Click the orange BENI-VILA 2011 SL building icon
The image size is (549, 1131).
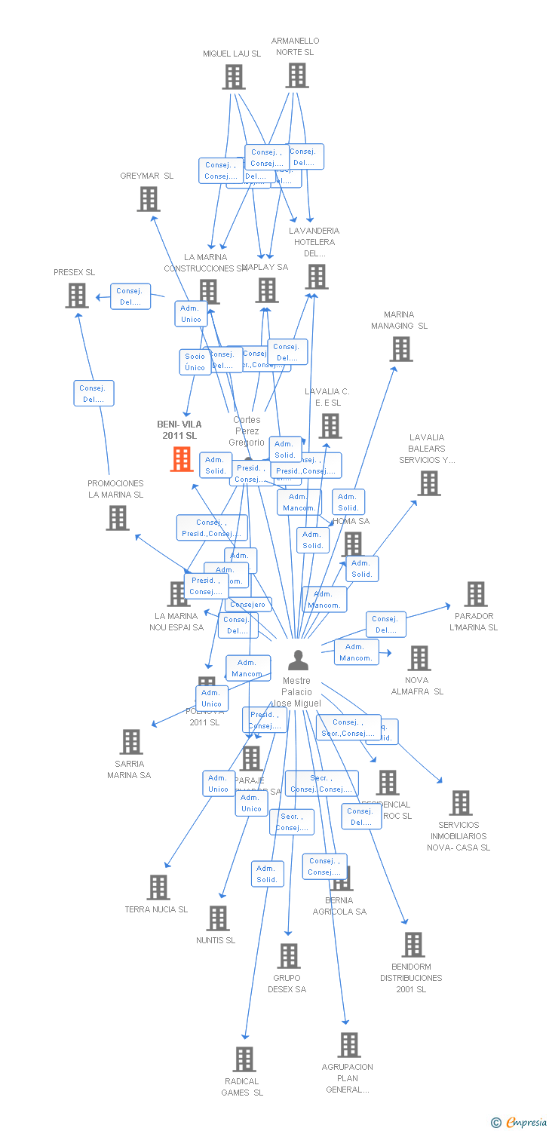pos(181,458)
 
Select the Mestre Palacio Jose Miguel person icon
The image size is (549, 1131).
pos(298,661)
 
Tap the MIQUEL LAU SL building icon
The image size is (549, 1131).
pos(233,77)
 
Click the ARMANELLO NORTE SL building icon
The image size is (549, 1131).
pos(297,75)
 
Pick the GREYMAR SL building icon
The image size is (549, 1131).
pos(149,199)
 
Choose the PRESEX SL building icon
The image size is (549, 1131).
pos(76,296)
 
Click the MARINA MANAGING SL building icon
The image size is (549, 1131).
pos(400,349)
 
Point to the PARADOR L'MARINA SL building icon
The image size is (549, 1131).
pos(475,594)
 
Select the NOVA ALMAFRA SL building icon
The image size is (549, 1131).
pos(419,658)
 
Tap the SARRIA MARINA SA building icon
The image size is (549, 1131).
pos(131,742)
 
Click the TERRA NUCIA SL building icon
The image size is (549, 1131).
pos(158,887)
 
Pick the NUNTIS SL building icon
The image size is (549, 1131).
pos(218,918)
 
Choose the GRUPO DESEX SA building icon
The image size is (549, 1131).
pos(288,956)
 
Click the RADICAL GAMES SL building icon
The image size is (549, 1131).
pos(244,1059)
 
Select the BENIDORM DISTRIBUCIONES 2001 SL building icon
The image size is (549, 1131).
pos(413,945)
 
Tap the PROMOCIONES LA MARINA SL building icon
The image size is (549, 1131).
pos(117,518)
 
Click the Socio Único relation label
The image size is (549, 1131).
pos(195,362)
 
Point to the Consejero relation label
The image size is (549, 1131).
pos(248,605)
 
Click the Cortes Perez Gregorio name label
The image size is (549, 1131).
pos(247,431)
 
